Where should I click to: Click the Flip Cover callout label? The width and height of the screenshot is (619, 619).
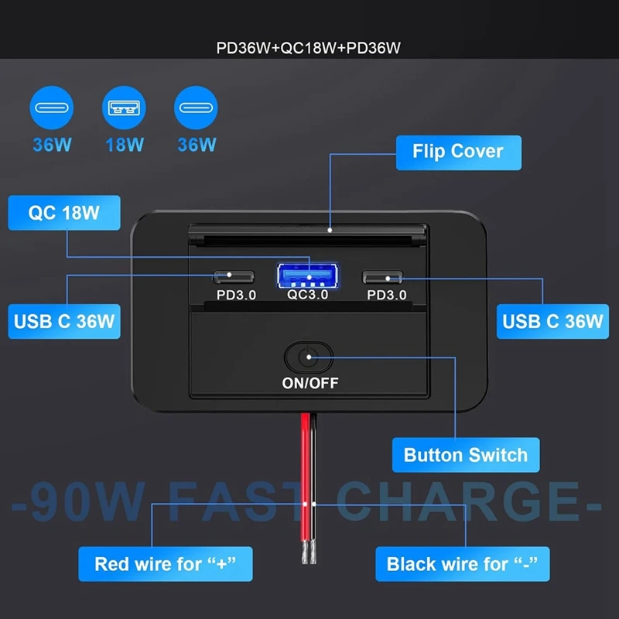click(458, 152)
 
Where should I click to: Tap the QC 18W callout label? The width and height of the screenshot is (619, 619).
click(64, 213)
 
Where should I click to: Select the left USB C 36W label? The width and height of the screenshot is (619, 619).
click(65, 320)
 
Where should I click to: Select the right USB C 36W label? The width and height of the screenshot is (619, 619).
click(552, 320)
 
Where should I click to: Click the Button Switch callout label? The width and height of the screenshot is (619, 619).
click(465, 454)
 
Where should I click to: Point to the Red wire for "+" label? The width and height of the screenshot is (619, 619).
click(164, 563)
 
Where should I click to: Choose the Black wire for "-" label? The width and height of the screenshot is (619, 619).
click(462, 563)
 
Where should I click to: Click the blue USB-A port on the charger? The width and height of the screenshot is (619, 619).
click(308, 275)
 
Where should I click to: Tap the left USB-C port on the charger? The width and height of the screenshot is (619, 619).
click(230, 276)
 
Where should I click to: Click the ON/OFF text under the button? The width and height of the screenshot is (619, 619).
click(309, 382)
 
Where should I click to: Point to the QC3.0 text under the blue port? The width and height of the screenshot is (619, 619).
click(308, 295)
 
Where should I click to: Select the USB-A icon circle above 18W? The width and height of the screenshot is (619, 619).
click(125, 108)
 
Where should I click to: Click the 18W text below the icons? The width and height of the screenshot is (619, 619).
click(125, 144)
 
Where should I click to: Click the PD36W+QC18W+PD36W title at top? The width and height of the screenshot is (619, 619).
click(309, 48)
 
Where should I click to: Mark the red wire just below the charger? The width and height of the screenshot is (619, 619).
click(305, 441)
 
